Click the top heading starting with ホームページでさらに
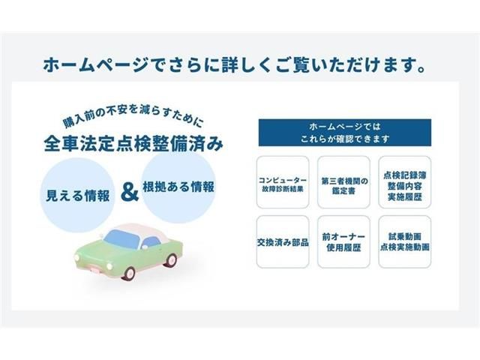240,65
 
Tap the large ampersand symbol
130,192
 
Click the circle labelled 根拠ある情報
178,187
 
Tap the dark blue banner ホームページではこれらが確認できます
345,131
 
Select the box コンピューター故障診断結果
282,182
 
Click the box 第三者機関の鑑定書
344,182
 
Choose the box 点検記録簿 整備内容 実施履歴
406,182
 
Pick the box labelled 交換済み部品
282,242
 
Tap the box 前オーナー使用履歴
344,242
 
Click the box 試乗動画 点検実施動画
406,242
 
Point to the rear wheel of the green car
171,259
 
